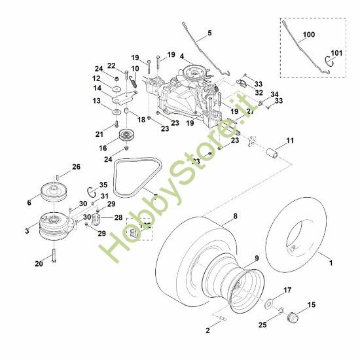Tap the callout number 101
coord(336,53)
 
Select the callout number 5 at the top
coord(209,32)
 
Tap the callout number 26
coord(77,168)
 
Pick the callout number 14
coord(97,88)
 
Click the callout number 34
coord(274,94)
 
